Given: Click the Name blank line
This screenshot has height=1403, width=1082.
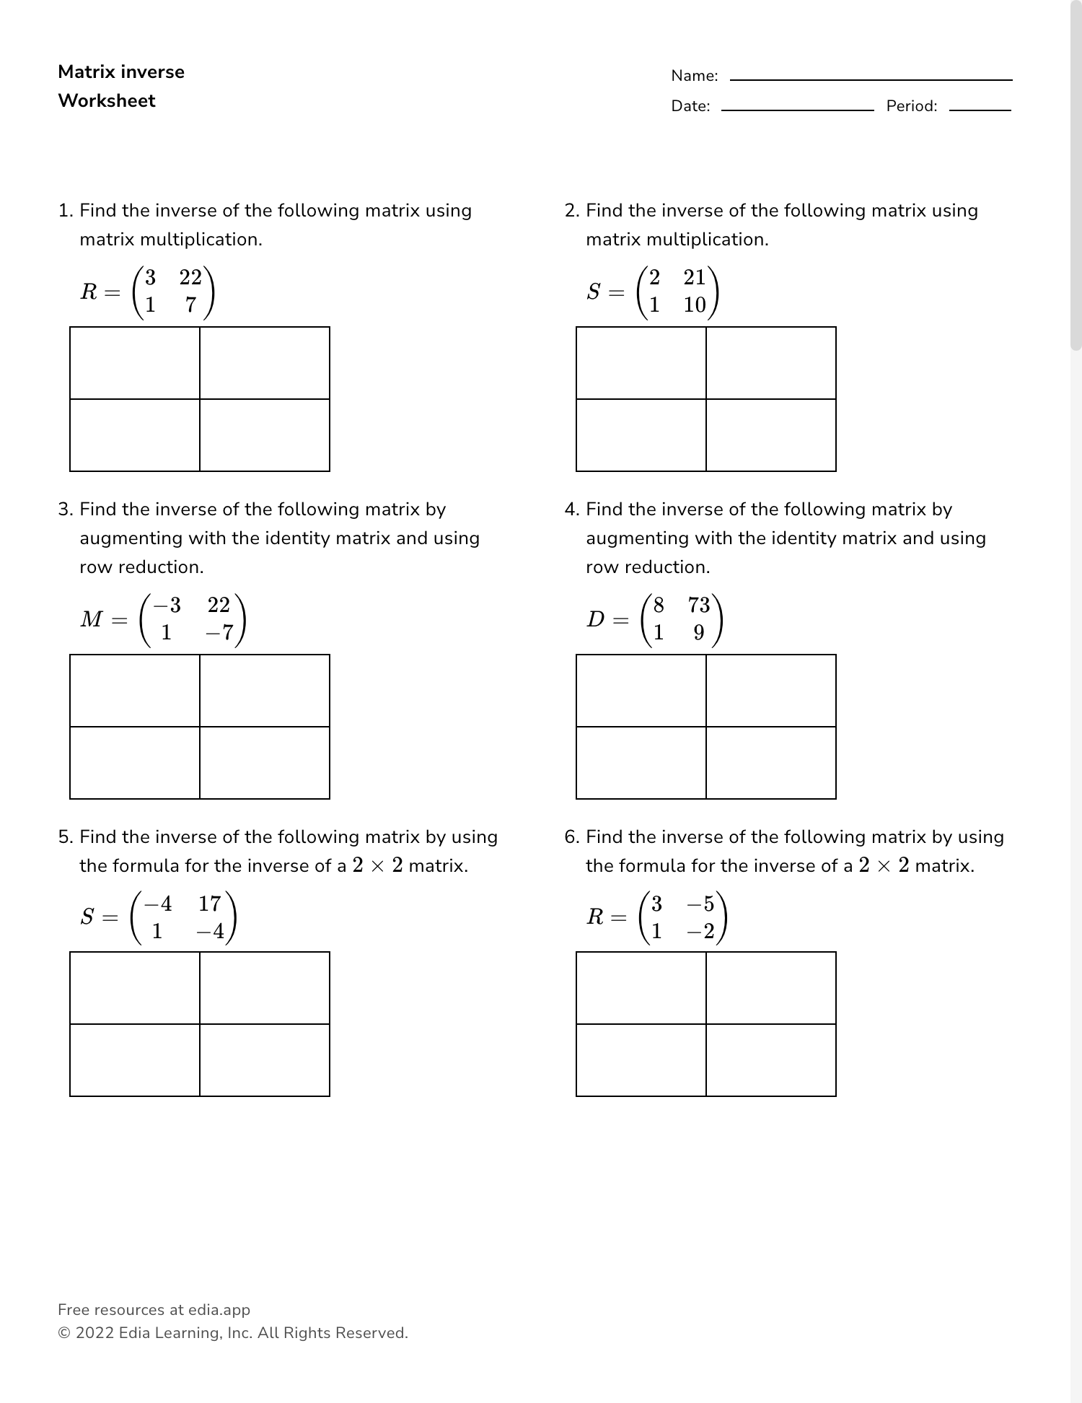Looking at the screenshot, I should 871,79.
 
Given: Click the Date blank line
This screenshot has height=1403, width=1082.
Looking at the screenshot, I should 797,110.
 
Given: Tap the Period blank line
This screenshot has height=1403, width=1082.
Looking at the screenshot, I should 980,110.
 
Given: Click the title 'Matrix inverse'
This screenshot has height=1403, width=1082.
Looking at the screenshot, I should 121,72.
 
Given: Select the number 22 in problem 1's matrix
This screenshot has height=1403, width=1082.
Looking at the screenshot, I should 190,277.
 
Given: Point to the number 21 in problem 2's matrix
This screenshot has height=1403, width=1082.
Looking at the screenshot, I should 695,277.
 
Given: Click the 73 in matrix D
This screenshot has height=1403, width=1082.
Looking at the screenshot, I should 699,605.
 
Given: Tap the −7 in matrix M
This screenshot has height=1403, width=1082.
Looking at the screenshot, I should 219,633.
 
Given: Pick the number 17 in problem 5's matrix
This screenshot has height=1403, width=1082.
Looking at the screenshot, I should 210,904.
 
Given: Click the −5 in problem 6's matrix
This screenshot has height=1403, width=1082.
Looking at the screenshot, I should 700,904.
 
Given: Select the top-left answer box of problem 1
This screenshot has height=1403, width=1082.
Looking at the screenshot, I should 135,363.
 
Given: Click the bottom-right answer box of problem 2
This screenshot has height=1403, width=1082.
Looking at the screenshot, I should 771,435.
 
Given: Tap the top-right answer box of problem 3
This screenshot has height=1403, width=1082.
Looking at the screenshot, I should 265,691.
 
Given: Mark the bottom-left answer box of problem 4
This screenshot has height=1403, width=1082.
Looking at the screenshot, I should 641,763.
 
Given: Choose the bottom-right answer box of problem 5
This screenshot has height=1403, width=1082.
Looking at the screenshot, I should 265,1060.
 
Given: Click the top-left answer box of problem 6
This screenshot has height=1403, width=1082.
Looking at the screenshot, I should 641,988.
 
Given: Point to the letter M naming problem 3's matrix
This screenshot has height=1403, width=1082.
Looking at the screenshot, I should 92,619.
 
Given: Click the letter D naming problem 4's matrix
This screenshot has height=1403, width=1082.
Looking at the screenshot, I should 596,619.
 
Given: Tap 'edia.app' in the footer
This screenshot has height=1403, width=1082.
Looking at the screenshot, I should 219,1310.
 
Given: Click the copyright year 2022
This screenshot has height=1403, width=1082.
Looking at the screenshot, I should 94,1333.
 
